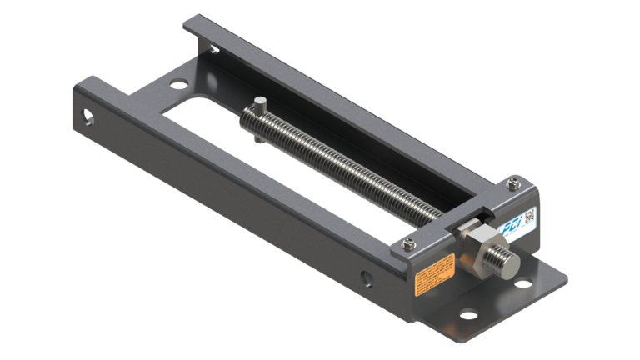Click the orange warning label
[x=435, y=273]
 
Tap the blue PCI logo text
[x=510, y=225]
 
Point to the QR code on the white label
[x=529, y=217]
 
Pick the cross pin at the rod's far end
[x=260, y=108]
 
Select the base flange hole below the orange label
[x=468, y=314]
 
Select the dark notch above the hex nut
[x=457, y=225]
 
